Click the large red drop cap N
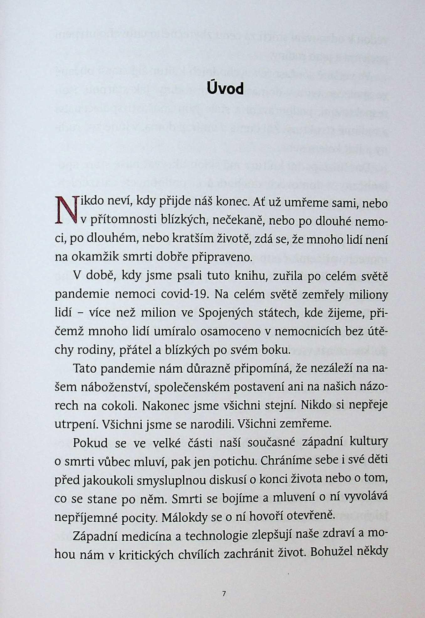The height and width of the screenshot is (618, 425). coord(66,209)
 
